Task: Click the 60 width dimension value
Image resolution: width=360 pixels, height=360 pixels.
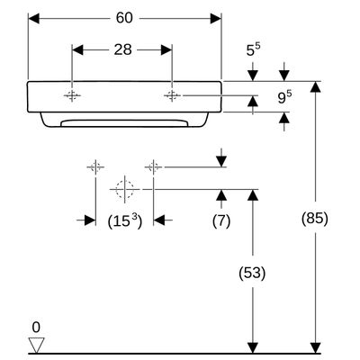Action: point(124,18)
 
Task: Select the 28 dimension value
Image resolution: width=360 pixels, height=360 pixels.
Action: point(122,49)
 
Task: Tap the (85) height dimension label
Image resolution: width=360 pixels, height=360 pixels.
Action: point(315,218)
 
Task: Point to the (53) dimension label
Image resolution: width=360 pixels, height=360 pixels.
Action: point(252,273)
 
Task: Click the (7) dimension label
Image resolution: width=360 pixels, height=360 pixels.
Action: point(221,221)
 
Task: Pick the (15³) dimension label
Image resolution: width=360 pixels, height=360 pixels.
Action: point(125,221)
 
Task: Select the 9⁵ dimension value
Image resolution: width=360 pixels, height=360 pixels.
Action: point(284,97)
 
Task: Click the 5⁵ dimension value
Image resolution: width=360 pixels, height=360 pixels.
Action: point(254,49)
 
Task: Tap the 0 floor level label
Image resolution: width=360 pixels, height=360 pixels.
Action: point(36,328)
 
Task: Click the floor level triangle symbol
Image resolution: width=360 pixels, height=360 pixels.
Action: point(36,345)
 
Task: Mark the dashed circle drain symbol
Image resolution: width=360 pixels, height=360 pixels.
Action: point(125,189)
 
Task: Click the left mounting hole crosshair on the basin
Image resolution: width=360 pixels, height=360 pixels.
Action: point(72,95)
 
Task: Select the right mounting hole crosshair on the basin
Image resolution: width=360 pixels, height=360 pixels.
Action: point(172,95)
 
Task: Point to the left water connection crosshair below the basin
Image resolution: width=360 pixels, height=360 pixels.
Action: point(95,166)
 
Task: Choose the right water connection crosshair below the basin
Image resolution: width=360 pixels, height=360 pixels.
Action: point(153,166)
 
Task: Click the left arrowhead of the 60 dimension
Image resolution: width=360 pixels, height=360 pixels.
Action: point(33,19)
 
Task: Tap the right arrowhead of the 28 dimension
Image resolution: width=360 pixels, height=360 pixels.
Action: point(166,50)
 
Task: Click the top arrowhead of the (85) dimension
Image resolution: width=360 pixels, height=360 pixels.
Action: point(315,86)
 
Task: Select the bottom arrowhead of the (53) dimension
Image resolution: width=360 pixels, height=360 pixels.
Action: point(253,348)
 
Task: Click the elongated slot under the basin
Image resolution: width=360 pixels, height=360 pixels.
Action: point(124,123)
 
